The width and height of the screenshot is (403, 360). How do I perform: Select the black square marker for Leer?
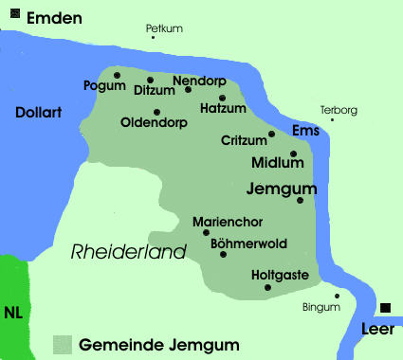click(386, 308)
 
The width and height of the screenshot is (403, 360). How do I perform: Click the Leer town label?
click(377, 329)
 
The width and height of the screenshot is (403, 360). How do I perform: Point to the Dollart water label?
click(39, 112)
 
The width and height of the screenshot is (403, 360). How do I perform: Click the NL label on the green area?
click(13, 312)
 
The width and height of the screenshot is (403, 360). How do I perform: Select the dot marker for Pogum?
click(117, 74)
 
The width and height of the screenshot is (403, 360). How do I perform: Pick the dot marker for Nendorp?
click(188, 89)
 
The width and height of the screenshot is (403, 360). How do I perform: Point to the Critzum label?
click(243, 140)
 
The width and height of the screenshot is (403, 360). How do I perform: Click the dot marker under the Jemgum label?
click(300, 200)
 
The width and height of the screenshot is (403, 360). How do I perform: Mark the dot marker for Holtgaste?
click(267, 287)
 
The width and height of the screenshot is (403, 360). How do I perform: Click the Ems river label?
click(305, 130)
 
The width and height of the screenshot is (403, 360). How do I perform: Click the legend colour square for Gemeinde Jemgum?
click(63, 344)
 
